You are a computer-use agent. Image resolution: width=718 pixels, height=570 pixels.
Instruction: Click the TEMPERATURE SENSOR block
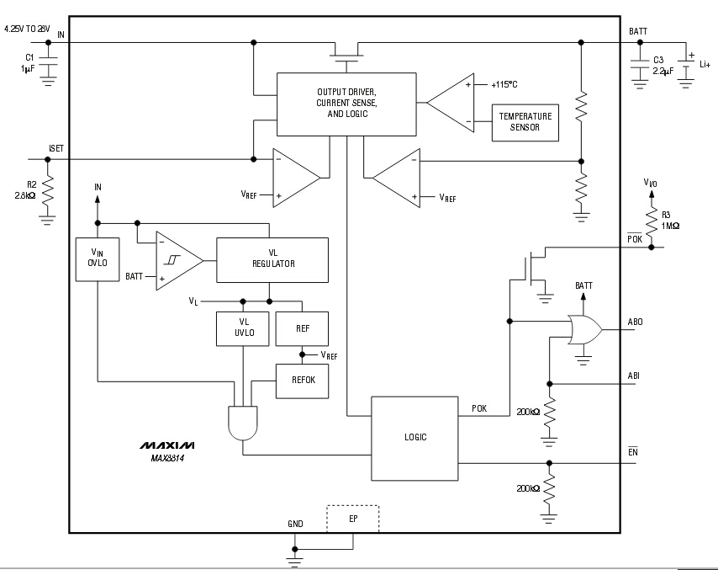[x=525, y=122]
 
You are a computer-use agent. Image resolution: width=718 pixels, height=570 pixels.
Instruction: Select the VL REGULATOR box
[x=272, y=259]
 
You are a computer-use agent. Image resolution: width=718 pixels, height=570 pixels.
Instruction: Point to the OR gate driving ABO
[x=583, y=330]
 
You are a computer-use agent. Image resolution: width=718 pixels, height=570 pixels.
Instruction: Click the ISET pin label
[x=56, y=149]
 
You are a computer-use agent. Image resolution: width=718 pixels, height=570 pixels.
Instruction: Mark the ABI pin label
[x=634, y=376]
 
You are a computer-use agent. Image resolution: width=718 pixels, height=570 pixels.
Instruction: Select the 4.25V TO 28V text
[x=28, y=29]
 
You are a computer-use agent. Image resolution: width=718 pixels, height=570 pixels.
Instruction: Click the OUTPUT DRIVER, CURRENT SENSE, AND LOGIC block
[x=346, y=104]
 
